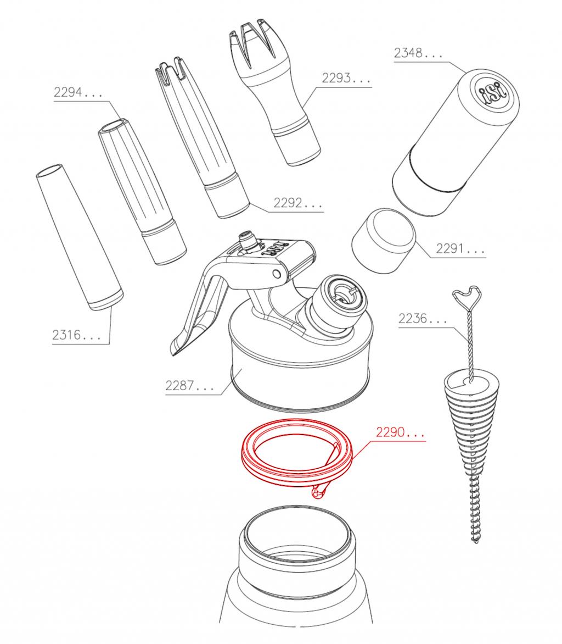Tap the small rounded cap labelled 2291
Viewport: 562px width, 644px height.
tap(384, 240)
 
